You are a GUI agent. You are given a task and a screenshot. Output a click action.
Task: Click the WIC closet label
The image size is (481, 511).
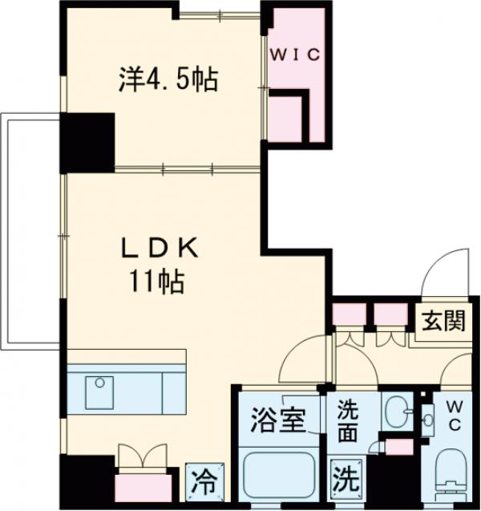coord(294,55)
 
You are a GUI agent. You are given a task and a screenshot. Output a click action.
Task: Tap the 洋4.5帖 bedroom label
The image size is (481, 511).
coord(170,79)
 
